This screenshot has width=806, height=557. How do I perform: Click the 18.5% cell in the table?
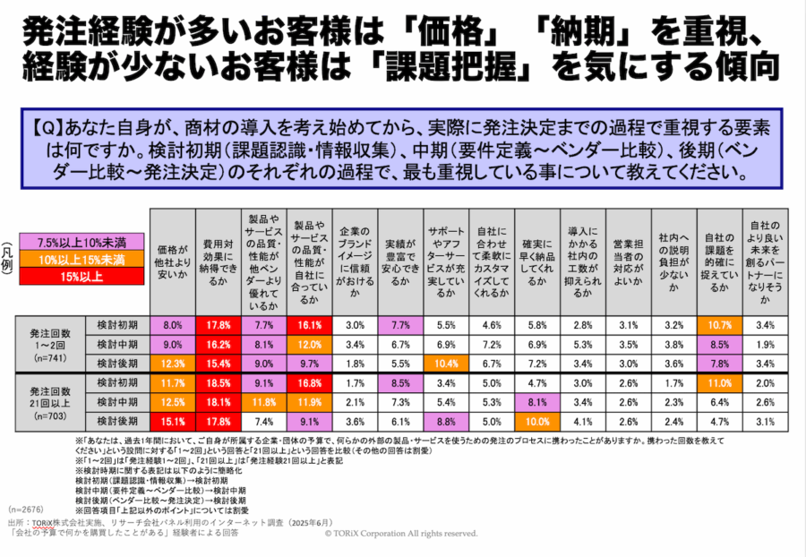[219, 382]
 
